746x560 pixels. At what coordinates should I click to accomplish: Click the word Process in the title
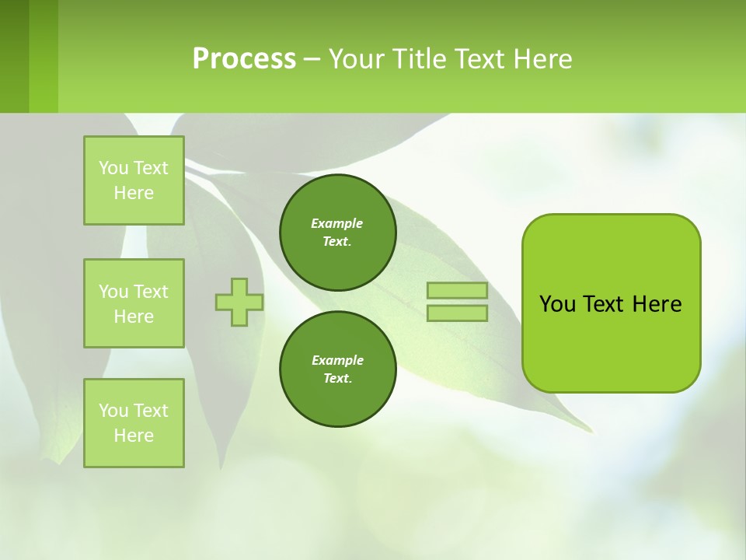tap(244, 59)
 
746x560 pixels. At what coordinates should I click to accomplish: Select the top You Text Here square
tap(134, 180)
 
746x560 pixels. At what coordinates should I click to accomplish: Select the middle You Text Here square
tap(134, 303)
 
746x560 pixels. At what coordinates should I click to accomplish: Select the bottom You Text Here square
tap(134, 423)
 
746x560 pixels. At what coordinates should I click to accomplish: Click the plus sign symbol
tap(239, 302)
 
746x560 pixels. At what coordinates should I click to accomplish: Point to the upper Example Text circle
tap(338, 233)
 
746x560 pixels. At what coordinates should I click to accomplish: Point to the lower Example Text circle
tap(338, 369)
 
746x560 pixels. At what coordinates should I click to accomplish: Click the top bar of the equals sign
tap(458, 291)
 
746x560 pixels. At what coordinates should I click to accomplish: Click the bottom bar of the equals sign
tap(458, 313)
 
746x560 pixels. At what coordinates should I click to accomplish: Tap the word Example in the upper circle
tap(337, 223)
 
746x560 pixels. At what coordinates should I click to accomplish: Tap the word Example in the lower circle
tap(337, 360)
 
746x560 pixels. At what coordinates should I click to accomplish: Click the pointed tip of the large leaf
tap(591, 430)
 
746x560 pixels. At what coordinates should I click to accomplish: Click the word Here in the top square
tap(134, 193)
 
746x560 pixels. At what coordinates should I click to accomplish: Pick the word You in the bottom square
tap(113, 411)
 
